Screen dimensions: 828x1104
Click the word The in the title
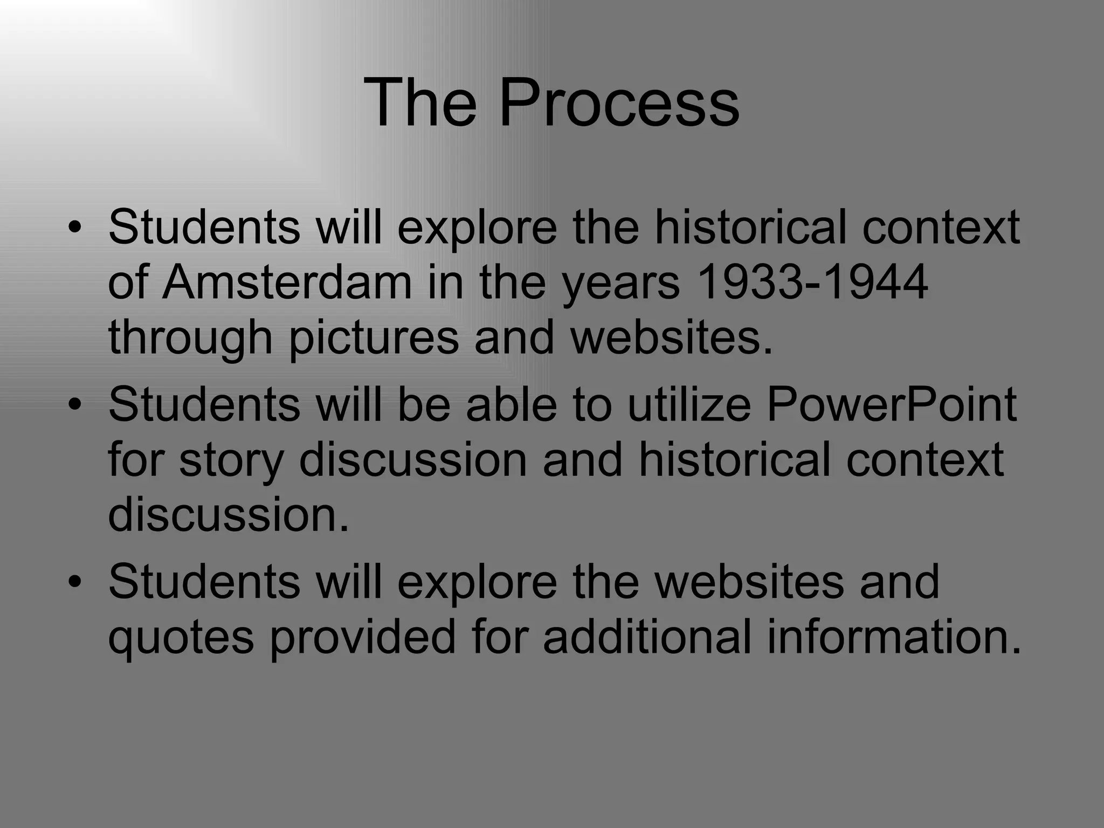coord(420,102)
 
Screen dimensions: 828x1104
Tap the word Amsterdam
coord(287,282)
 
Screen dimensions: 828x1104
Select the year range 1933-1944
coord(812,282)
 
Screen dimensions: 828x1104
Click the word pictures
coord(374,339)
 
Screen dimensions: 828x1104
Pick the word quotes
coord(181,638)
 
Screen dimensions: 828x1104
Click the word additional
coord(647,637)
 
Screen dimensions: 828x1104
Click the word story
coord(231,461)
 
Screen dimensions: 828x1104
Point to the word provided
coord(362,638)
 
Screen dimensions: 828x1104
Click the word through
coord(190,339)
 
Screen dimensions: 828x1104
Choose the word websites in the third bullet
coord(749,582)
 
